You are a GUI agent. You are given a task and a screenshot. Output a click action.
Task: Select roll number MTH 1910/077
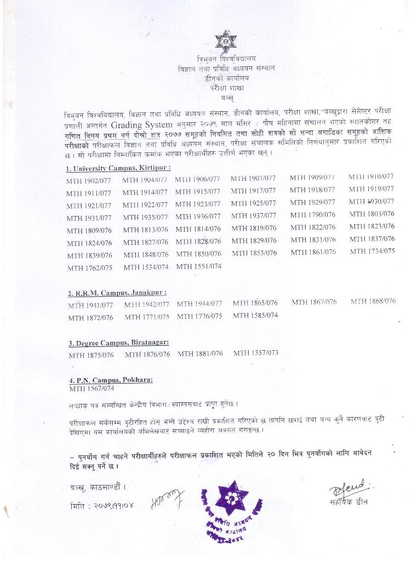pos(371,176)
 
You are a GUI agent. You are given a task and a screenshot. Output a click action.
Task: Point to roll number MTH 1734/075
pos(372,252)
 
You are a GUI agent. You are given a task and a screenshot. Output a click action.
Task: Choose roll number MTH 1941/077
pos(90,305)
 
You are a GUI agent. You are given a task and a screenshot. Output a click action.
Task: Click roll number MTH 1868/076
pos(373,301)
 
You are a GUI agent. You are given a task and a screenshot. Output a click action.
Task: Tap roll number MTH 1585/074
pos(255,315)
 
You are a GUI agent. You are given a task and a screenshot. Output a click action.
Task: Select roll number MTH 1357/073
pos(255,353)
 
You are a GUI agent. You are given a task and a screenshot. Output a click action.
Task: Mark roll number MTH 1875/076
pos(91,355)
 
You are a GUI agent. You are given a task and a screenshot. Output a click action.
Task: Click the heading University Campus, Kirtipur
pos(118,168)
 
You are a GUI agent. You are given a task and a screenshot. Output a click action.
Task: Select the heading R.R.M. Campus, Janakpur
pos(117,293)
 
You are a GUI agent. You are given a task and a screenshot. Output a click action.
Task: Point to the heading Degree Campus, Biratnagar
pos(118,343)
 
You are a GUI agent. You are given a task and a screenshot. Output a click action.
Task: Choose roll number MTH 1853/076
pos(254,253)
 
